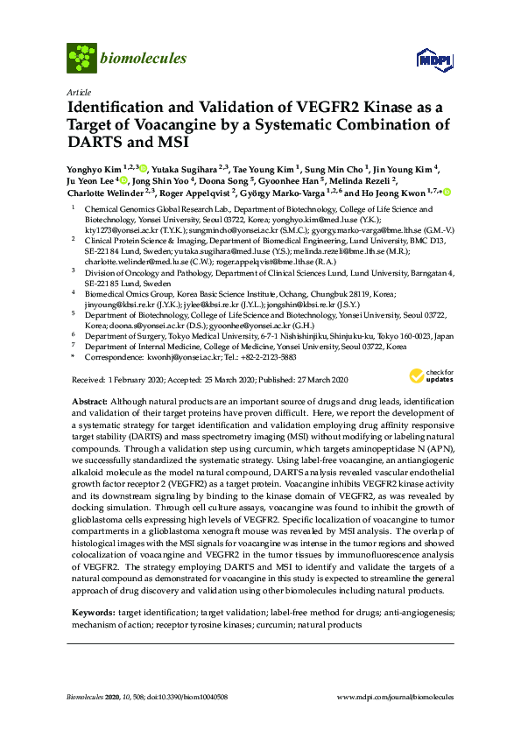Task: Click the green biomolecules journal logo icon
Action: click(x=81, y=59)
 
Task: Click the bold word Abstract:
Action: click(x=91, y=398)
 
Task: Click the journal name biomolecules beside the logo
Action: click(x=143, y=59)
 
